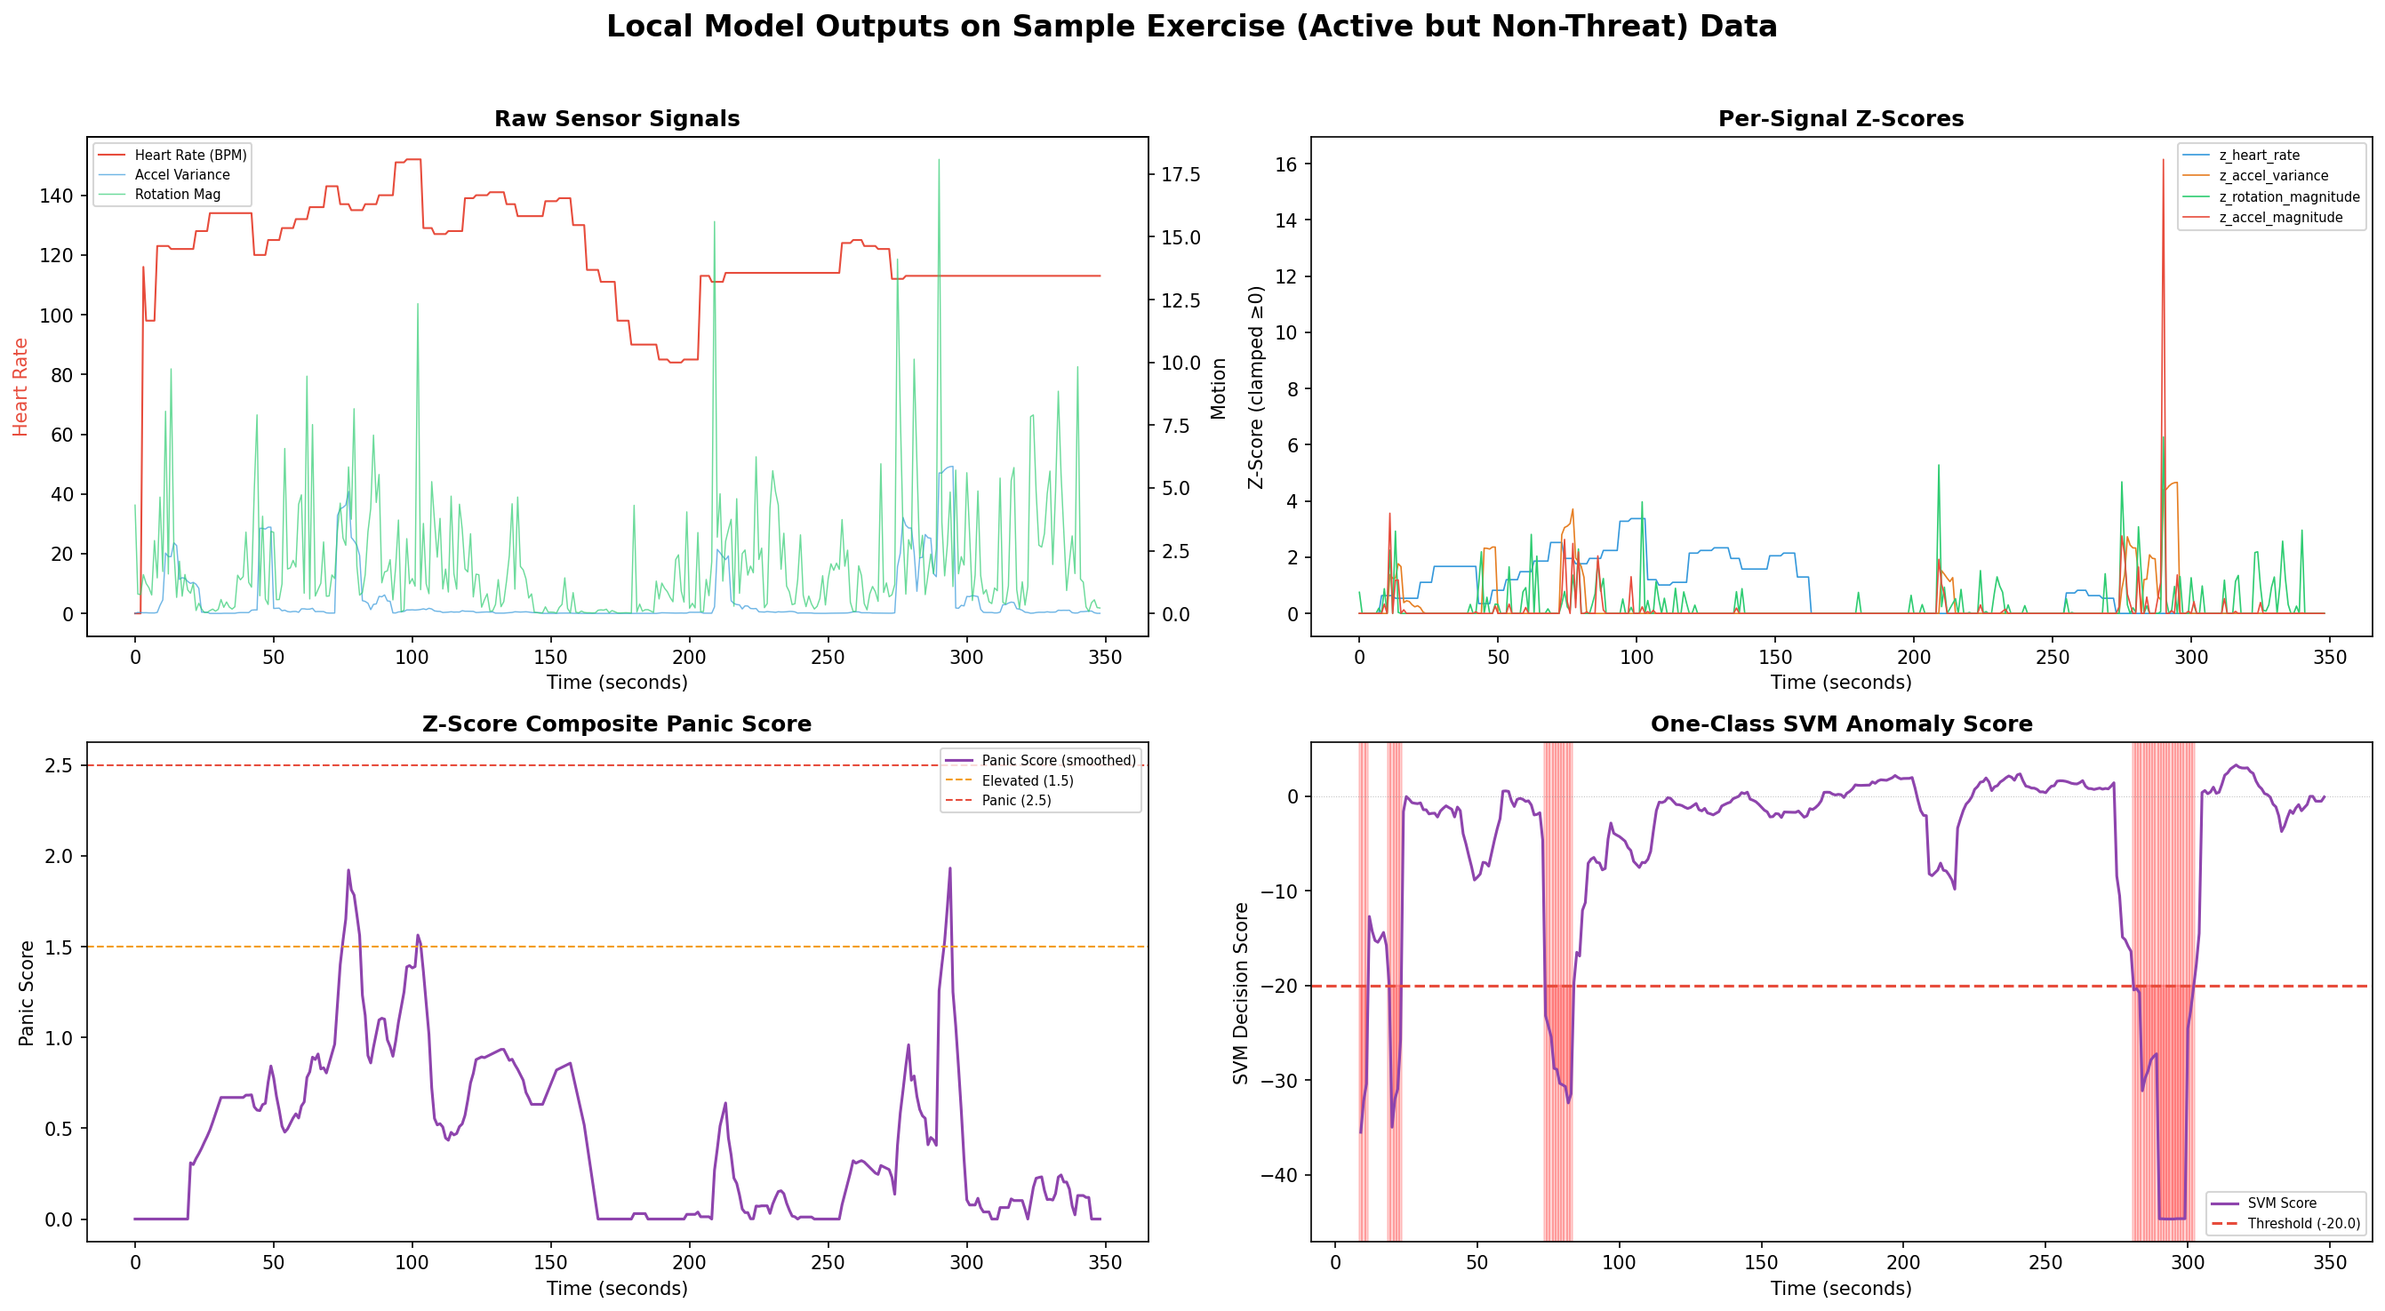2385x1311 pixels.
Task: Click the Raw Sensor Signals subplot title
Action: point(617,118)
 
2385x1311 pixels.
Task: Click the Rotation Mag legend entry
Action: point(177,195)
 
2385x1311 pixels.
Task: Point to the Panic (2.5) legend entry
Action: point(1016,800)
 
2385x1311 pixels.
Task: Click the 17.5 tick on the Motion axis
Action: point(1180,175)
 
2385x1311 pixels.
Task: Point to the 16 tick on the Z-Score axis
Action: point(1288,164)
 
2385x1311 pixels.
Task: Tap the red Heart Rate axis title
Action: point(20,387)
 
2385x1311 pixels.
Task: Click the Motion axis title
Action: point(1219,389)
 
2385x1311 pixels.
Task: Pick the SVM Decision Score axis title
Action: point(1241,994)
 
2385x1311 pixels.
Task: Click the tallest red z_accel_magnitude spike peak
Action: point(2163,160)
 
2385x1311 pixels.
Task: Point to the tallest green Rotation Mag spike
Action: point(939,160)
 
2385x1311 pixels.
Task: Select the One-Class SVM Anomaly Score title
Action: point(1841,724)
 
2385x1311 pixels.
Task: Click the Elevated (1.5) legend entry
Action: point(1027,780)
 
